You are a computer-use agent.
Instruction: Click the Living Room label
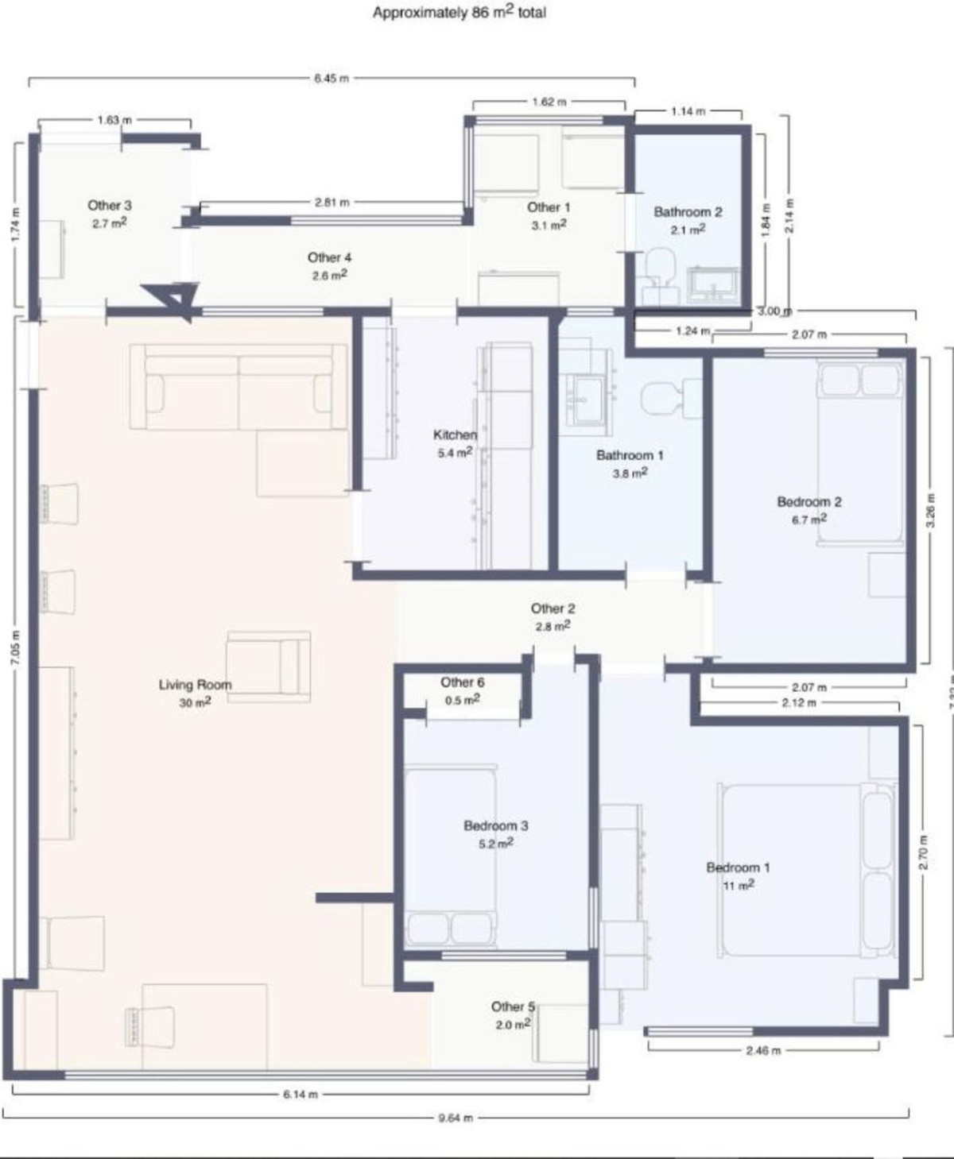(195, 685)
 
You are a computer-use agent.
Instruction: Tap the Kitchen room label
(455, 435)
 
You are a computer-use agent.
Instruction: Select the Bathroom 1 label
(630, 455)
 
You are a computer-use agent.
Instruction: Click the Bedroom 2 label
(809, 502)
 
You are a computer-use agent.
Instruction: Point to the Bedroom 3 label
(495, 826)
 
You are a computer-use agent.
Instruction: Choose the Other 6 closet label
(462, 682)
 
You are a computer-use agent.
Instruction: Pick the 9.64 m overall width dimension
(456, 1118)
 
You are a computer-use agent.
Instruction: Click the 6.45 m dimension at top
(331, 79)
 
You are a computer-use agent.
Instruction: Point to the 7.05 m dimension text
(17, 647)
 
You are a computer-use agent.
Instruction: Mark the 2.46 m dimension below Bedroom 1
(763, 1050)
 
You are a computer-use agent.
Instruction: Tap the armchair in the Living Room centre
(269, 666)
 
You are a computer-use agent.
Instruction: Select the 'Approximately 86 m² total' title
(459, 13)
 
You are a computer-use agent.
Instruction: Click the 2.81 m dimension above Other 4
(332, 203)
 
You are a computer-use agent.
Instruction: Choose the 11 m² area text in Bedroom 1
(738, 885)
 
